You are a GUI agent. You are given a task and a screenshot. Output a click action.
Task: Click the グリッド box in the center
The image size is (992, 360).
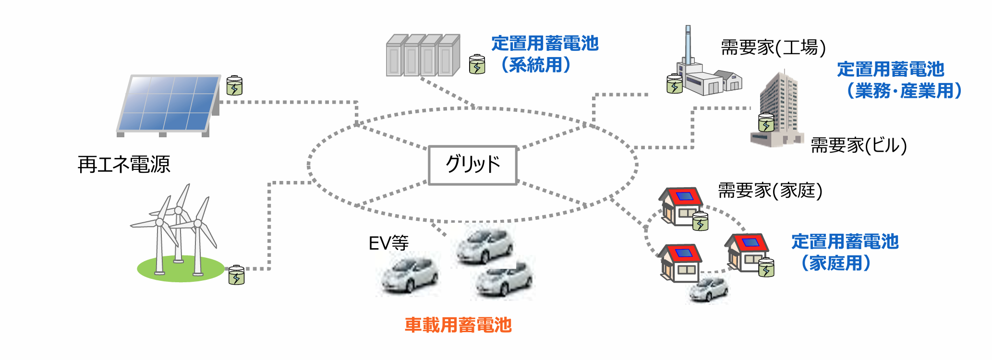pyautogui.click(x=472, y=165)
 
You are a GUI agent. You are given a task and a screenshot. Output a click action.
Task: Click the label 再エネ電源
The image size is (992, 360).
pyautogui.click(x=124, y=165)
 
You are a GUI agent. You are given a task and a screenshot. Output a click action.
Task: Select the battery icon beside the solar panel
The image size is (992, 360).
pyautogui.click(x=234, y=86)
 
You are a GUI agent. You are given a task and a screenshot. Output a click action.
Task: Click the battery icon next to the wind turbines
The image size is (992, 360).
pyautogui.click(x=236, y=275)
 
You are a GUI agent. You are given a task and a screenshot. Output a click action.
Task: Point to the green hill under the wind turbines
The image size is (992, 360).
pyautogui.click(x=180, y=269)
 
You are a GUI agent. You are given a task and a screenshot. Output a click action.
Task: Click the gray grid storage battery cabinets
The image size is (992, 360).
pyautogui.click(x=423, y=56)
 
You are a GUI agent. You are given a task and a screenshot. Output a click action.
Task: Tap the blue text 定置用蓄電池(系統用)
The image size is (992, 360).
pyautogui.click(x=544, y=54)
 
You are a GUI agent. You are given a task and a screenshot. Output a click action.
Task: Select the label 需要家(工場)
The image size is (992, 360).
pyautogui.click(x=773, y=48)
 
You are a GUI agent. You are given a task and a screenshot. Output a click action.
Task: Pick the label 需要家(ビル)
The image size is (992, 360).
pyautogui.click(x=859, y=145)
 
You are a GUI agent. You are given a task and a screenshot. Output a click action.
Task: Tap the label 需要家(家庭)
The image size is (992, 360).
pyautogui.click(x=770, y=191)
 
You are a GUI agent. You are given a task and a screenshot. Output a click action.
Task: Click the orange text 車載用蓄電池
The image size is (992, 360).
pyautogui.click(x=458, y=325)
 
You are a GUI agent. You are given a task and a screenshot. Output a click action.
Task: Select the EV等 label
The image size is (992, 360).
pyautogui.click(x=388, y=243)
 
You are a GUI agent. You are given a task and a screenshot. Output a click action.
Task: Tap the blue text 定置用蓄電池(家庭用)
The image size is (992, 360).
pyautogui.click(x=844, y=252)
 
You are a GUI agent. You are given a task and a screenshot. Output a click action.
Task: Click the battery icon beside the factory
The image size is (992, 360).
pyautogui.click(x=675, y=84)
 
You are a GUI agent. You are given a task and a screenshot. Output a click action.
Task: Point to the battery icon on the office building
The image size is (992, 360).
pyautogui.click(x=766, y=122)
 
